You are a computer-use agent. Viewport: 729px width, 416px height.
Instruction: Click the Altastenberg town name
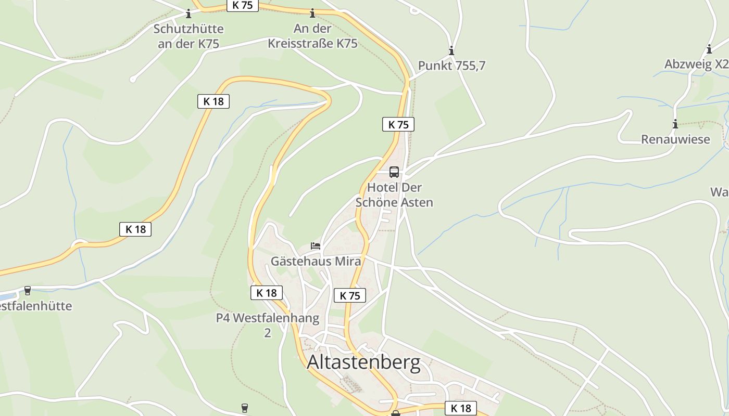point(363,362)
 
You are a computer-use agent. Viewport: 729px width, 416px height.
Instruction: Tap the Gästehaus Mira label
point(316,261)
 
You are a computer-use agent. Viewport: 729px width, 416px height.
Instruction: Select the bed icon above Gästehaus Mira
point(316,245)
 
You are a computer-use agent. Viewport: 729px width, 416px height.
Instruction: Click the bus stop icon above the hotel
point(394,172)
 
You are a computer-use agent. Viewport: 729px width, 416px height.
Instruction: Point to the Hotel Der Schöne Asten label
point(394,194)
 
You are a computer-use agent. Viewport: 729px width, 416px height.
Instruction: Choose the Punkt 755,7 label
point(451,66)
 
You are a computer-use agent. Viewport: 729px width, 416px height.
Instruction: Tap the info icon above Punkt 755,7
point(451,50)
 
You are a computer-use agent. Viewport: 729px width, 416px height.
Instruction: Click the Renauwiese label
point(675,139)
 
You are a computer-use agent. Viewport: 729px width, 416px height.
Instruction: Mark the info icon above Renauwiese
point(675,124)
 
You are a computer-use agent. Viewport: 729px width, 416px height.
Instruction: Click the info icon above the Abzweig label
point(709,50)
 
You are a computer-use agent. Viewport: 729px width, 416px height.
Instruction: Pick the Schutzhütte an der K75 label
point(188,36)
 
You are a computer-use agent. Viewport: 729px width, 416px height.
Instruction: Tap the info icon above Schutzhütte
point(188,14)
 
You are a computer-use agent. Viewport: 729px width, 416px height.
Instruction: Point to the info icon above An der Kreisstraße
point(312,13)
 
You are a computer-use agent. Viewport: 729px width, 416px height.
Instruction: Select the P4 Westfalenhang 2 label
point(268,325)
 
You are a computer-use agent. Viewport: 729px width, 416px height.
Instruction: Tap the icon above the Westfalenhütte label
point(28,291)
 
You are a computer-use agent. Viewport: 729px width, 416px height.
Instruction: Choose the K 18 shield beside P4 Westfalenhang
point(267,293)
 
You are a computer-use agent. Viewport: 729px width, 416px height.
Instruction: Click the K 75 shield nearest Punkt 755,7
point(398,124)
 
